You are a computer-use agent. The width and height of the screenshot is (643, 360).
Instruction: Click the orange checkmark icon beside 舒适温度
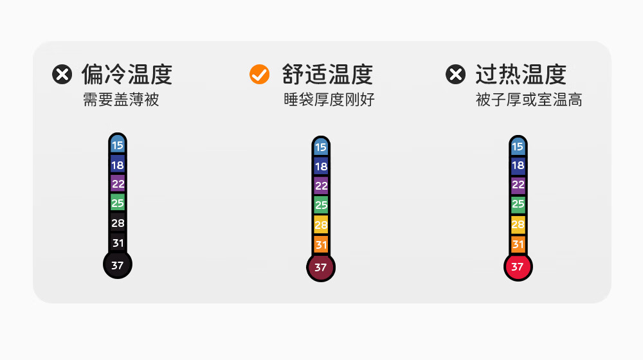click(x=259, y=75)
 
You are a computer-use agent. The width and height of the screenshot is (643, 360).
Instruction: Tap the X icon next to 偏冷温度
click(x=62, y=75)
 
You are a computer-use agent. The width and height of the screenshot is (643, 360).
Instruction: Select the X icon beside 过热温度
click(x=455, y=75)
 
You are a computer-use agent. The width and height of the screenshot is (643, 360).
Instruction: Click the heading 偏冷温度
click(x=127, y=75)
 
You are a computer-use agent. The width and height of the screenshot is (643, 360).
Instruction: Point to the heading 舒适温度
click(x=327, y=75)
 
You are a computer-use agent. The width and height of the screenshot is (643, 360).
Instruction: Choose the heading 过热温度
click(x=521, y=75)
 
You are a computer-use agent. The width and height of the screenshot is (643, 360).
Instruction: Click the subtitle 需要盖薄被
click(x=120, y=100)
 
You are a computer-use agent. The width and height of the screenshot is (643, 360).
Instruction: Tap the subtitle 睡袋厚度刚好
click(x=329, y=100)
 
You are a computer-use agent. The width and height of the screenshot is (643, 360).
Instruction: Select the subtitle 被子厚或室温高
click(x=529, y=100)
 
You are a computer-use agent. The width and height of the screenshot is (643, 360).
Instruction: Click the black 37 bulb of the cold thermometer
click(x=118, y=265)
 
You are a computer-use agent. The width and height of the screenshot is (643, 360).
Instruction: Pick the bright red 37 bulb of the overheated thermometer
click(x=518, y=266)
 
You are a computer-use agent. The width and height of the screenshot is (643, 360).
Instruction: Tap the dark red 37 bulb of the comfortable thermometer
click(x=321, y=267)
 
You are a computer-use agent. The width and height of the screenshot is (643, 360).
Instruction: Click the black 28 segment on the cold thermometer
click(x=118, y=223)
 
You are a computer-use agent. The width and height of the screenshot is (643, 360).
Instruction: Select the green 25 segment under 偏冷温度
click(x=118, y=203)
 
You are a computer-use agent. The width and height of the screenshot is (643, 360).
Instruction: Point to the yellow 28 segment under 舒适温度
click(x=321, y=225)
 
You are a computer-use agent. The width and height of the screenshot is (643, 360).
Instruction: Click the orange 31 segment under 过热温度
click(x=518, y=244)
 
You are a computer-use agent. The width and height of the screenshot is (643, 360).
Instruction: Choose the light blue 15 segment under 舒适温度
click(x=321, y=147)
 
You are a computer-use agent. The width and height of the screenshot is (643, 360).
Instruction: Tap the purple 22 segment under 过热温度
click(x=518, y=185)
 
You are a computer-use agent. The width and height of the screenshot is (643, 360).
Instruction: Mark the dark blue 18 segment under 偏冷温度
click(x=118, y=165)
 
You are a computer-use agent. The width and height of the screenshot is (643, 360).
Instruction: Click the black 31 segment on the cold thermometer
click(x=118, y=243)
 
